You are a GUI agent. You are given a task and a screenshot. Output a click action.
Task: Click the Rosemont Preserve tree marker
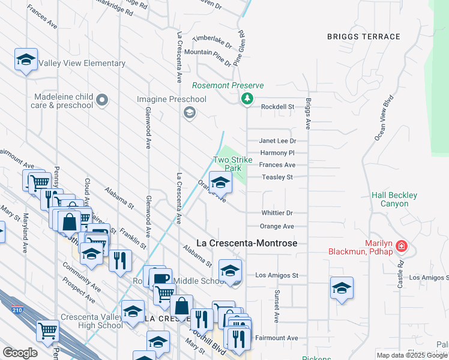pos(247,99)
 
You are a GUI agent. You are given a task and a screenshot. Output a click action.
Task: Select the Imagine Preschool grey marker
pos(190,113)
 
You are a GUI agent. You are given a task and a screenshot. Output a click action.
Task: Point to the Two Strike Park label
pos(229,164)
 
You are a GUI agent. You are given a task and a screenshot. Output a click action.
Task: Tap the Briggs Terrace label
pos(364,37)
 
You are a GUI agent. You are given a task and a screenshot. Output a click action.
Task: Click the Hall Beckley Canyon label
pos(394,199)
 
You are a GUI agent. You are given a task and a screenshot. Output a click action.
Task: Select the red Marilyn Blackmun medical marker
pos(402,247)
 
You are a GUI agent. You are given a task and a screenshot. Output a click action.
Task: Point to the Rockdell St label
pos(277,107)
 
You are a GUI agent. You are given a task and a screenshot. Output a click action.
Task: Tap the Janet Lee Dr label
pos(277,141)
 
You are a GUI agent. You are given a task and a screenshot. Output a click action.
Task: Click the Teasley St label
pos(277,178)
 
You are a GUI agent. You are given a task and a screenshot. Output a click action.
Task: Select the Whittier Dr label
pos(277,213)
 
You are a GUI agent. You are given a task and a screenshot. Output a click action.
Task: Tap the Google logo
pos(20,353)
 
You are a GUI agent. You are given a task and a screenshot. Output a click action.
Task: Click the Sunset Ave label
pos(277,306)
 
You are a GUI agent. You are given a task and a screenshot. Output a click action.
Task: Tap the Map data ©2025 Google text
pos(411,355)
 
